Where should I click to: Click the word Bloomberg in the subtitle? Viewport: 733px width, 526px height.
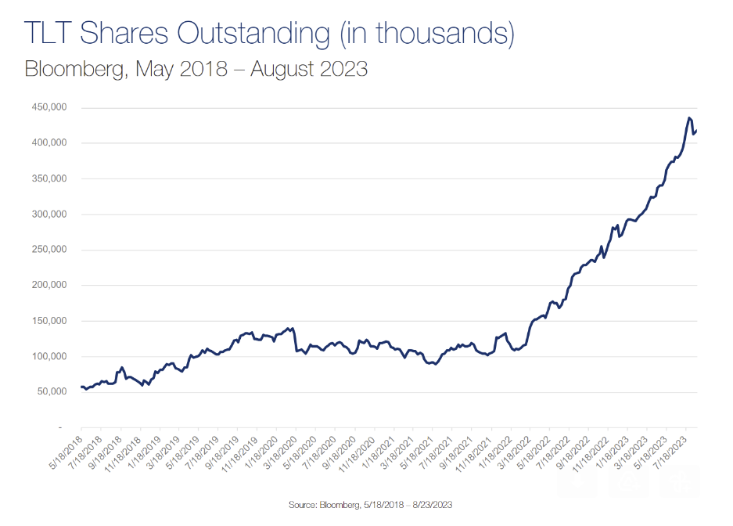point(75,69)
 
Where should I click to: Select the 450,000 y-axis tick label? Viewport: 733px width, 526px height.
point(49,107)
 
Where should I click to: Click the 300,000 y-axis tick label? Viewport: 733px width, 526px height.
point(49,214)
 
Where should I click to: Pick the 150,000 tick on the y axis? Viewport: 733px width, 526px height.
point(49,321)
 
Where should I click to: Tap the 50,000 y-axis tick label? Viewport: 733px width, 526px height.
point(52,392)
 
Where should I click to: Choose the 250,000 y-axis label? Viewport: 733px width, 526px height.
point(49,250)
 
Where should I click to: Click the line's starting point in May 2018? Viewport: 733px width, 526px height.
point(81,387)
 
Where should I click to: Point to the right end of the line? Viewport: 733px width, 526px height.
point(697,130)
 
